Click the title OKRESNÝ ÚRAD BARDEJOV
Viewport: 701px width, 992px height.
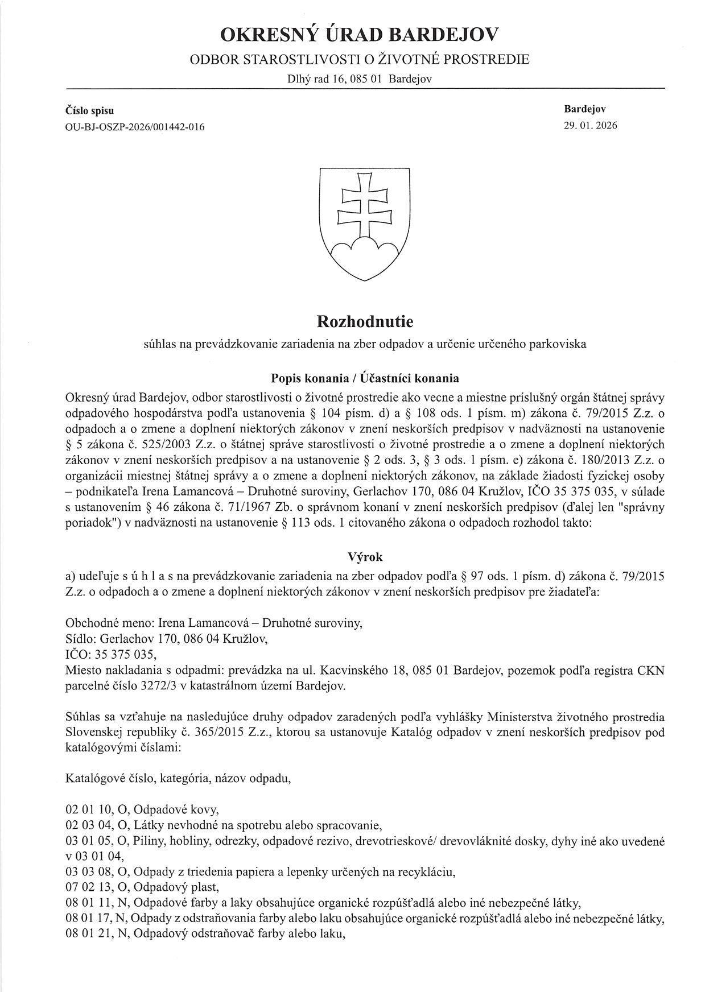coord(359,35)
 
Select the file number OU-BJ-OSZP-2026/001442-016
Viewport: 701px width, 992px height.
coord(135,126)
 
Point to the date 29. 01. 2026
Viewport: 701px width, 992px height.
coord(590,125)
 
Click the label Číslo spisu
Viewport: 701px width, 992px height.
coord(90,110)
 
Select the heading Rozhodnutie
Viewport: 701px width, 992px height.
coord(365,322)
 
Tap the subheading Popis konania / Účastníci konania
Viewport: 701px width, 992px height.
coord(365,378)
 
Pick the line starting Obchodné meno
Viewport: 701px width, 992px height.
coord(214,623)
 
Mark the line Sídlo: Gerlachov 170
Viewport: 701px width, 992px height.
coord(167,639)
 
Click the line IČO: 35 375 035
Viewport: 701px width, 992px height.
coord(111,654)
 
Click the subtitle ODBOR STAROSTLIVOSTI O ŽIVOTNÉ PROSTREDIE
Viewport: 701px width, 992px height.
coord(359,59)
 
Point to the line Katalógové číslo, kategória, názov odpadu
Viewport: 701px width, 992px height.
coord(179,778)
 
